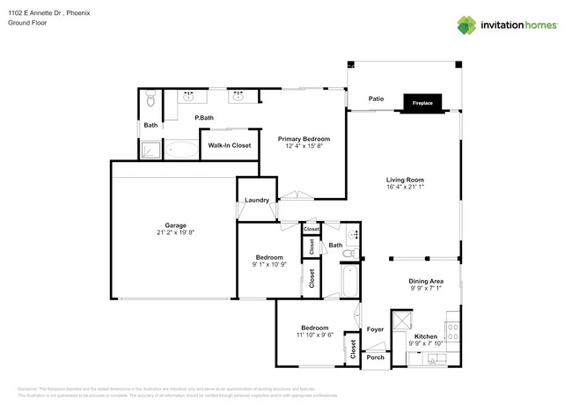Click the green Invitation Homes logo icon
(x=466, y=25)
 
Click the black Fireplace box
(x=422, y=103)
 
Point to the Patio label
(x=376, y=99)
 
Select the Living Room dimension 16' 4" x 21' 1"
(x=405, y=187)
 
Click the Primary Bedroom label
(x=304, y=139)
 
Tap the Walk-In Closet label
(x=230, y=145)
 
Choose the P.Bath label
(x=204, y=118)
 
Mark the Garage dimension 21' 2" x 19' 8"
(x=175, y=232)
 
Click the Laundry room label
(x=257, y=200)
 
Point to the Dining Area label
(x=425, y=282)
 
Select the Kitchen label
(x=426, y=336)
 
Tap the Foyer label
(x=376, y=329)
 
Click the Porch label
(x=376, y=357)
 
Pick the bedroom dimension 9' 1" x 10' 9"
(x=269, y=264)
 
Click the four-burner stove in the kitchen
(x=452, y=331)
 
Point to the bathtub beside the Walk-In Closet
(x=181, y=150)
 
